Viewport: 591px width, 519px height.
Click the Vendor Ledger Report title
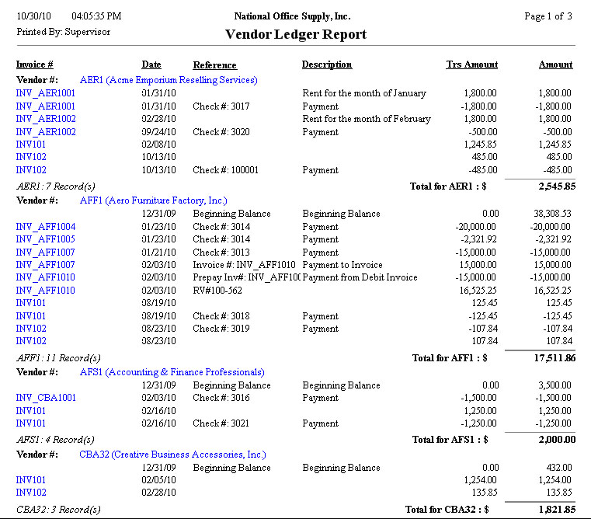[295, 35]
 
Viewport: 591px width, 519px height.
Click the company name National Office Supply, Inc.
[292, 16]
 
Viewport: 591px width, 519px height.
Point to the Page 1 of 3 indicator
[548, 16]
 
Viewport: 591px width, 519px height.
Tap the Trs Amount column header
[472, 64]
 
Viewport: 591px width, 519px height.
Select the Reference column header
[214, 65]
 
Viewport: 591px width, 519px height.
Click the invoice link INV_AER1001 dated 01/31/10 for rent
[46, 93]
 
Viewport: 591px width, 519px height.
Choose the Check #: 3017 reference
[222, 106]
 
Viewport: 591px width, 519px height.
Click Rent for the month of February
[366, 119]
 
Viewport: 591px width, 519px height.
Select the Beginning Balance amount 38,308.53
[548, 214]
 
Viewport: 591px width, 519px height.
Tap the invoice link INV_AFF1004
[46, 227]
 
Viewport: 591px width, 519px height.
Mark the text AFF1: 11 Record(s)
[58, 358]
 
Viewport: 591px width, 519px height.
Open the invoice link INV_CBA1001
[46, 398]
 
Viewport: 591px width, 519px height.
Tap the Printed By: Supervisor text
[64, 32]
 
